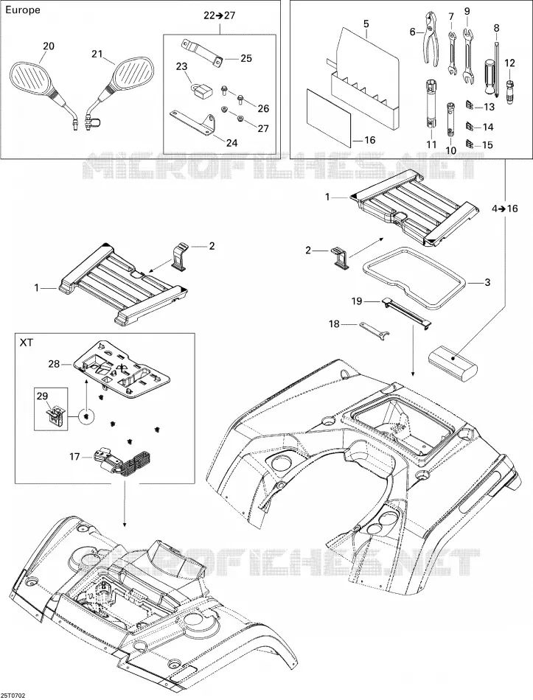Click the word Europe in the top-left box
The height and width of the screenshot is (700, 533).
pyautogui.click(x=22, y=10)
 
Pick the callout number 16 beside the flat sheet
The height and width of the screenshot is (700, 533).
pyautogui.click(x=370, y=140)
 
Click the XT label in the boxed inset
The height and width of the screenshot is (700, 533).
pyautogui.click(x=27, y=344)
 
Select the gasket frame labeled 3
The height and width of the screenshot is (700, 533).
pyautogui.click(x=416, y=277)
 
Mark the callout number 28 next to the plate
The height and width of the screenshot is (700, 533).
pyautogui.click(x=54, y=364)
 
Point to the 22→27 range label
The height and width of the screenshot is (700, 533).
pyautogui.click(x=220, y=15)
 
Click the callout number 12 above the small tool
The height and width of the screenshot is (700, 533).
pyautogui.click(x=509, y=63)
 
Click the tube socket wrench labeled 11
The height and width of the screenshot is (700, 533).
pyautogui.click(x=431, y=104)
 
